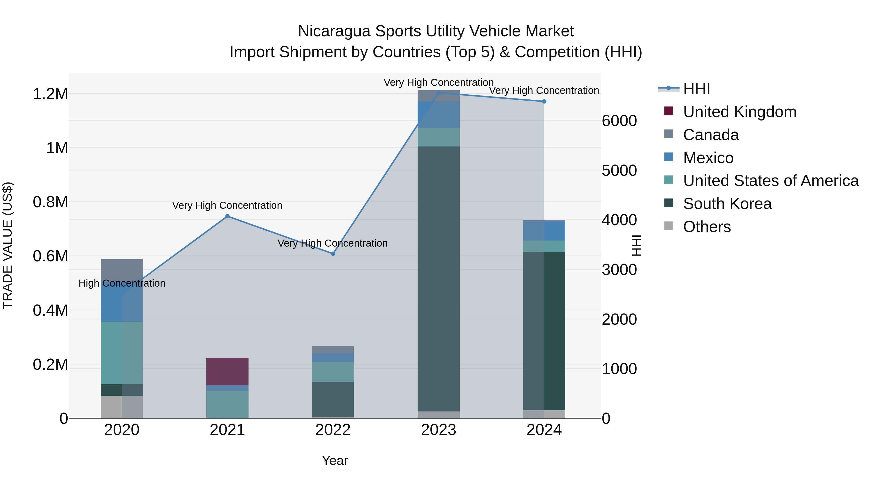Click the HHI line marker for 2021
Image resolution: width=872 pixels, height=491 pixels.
(227, 216)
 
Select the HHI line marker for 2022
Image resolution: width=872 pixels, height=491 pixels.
(333, 254)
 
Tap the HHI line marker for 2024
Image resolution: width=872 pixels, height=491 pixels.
(544, 101)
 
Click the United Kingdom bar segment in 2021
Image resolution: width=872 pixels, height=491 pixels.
(227, 371)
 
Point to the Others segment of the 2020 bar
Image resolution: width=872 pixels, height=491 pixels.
(122, 407)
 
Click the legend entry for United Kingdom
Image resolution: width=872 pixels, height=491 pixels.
(740, 112)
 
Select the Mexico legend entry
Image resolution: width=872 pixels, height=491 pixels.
(708, 158)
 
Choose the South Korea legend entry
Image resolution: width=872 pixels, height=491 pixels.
(727, 204)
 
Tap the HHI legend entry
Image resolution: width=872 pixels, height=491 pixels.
(696, 89)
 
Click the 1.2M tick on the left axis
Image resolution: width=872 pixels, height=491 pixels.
(50, 94)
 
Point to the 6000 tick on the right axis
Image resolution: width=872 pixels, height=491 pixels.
(619, 121)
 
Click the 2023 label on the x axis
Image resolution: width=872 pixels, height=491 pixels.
(438, 430)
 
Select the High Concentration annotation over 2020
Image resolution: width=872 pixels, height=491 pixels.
(122, 283)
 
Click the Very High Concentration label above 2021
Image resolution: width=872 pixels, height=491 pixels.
(227, 205)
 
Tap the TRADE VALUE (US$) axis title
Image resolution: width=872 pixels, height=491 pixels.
(8, 245)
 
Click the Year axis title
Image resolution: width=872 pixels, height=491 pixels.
(335, 460)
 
